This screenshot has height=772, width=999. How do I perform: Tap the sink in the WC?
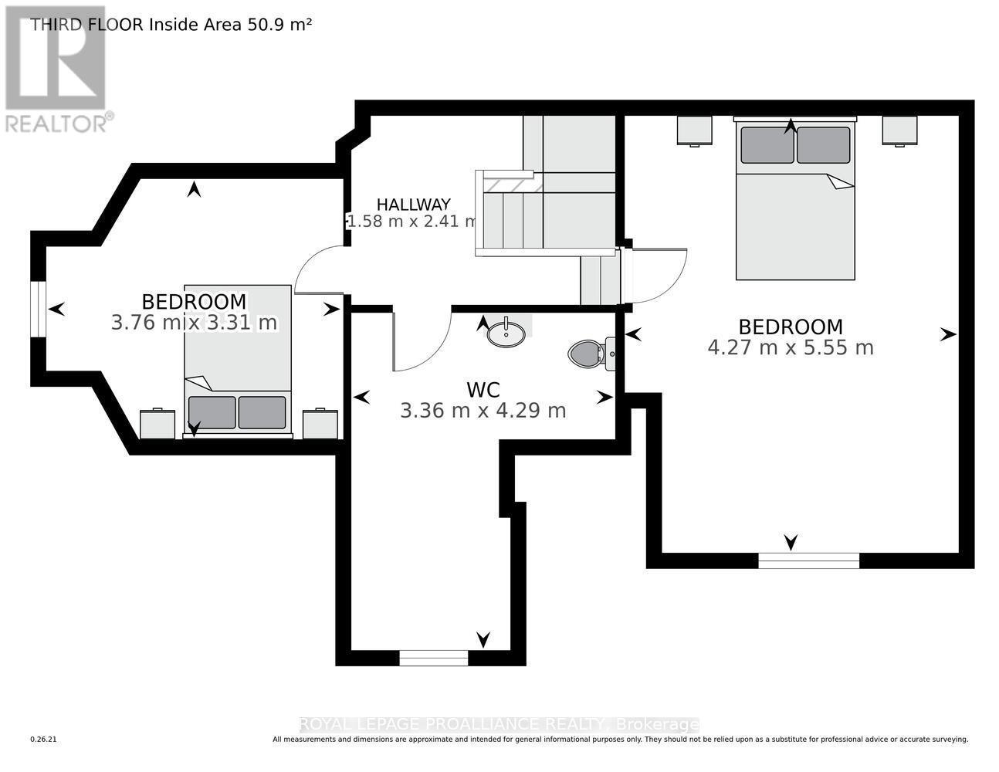coord(506,333)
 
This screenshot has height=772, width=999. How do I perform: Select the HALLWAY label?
coord(413,205)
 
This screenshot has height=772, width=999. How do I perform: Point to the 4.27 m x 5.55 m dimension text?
coord(791,347)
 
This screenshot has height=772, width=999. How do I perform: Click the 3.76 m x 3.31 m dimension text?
coord(194,322)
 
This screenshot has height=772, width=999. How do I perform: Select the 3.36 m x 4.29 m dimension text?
coord(483,411)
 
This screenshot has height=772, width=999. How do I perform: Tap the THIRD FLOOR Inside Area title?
coord(171,24)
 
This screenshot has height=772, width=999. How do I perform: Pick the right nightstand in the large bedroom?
coord(899,130)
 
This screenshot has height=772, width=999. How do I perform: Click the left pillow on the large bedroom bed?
coord(767,145)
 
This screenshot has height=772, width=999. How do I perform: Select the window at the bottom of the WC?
coord(434,658)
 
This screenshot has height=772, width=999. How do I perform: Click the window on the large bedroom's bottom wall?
coord(808,560)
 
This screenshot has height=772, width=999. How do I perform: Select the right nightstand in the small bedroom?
coord(320,424)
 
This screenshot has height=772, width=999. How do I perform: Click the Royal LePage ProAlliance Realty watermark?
coord(499,724)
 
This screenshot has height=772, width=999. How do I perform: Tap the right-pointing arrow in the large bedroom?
coord(947,334)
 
